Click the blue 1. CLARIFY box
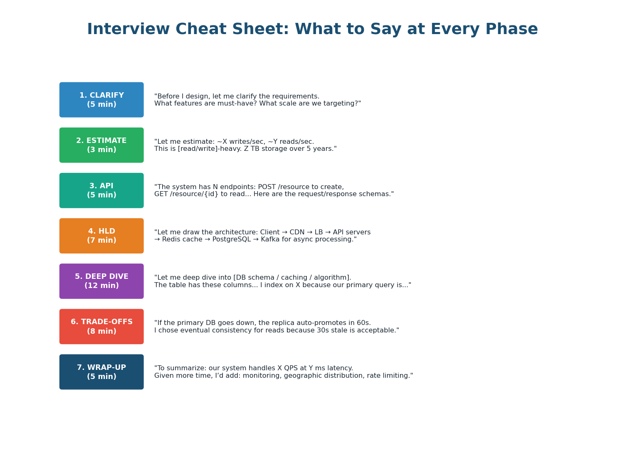point(101,100)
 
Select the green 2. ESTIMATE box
point(101,145)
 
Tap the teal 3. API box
point(101,190)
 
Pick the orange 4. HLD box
point(101,236)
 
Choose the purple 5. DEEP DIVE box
point(101,281)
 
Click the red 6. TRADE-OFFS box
point(101,327)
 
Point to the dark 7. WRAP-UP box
point(101,372)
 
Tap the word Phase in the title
point(511,30)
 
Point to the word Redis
point(171,240)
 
